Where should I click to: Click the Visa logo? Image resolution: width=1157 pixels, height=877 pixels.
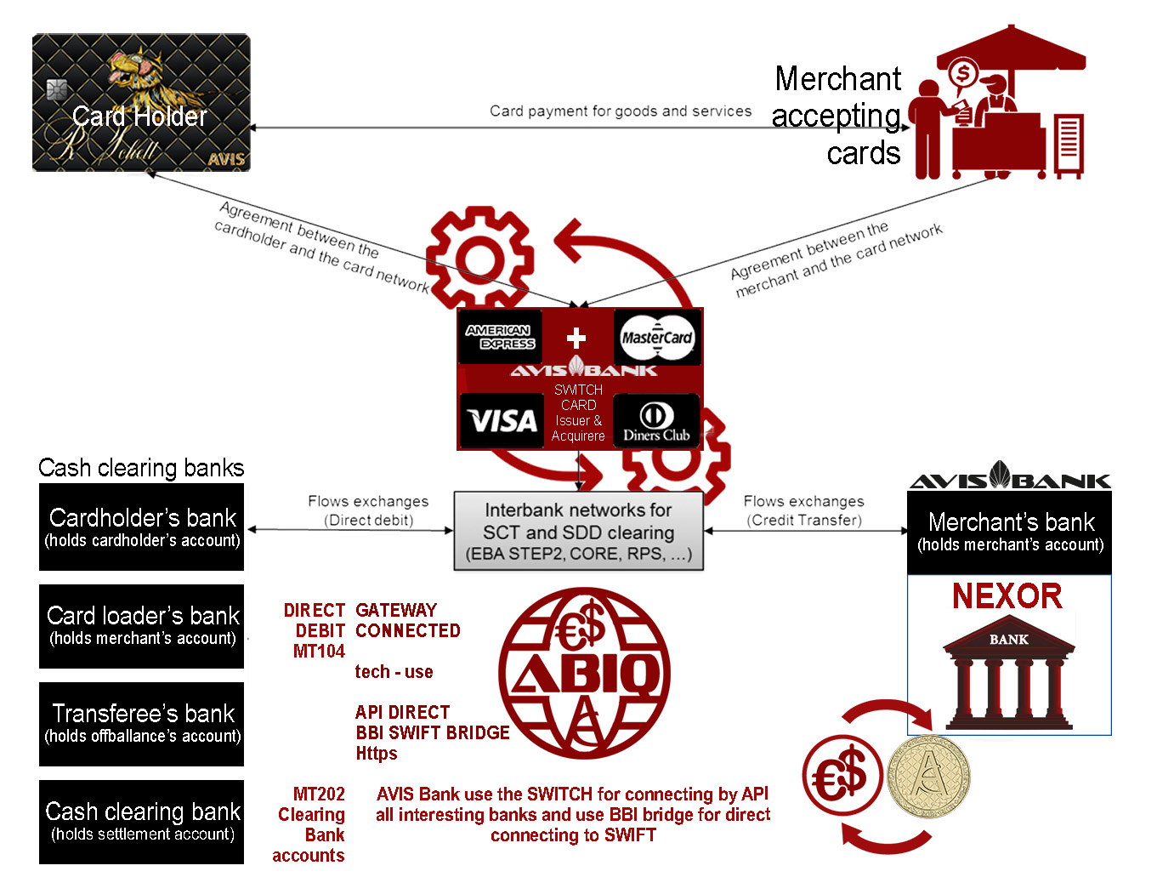click(502, 421)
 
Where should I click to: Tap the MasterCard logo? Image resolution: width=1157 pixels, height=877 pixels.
click(656, 338)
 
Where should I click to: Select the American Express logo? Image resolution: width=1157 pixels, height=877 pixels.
click(500, 337)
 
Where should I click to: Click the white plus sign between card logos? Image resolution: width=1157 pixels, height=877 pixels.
click(576, 338)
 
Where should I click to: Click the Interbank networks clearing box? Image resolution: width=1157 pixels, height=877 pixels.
click(578, 531)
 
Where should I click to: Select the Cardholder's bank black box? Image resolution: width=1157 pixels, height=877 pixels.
click(142, 527)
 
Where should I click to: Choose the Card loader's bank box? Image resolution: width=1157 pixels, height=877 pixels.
click(142, 625)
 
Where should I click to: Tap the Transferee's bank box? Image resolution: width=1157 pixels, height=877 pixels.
click(142, 723)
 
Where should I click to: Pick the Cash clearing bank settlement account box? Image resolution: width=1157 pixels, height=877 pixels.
click(142, 821)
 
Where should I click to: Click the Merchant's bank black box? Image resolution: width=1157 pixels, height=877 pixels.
click(1010, 532)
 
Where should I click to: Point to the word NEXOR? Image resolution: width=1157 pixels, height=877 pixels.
click(1007, 596)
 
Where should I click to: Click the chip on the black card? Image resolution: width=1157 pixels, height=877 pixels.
click(57, 89)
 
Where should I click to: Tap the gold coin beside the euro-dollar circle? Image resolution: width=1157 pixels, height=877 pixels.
click(927, 777)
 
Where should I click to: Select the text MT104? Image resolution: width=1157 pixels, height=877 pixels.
click(319, 652)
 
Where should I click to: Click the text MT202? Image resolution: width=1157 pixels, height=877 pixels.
click(319, 794)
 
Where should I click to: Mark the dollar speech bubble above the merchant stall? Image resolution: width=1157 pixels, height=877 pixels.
click(963, 74)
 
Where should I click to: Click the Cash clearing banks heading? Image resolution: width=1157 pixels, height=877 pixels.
click(141, 468)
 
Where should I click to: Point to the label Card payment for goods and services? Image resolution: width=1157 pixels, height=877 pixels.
click(621, 111)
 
